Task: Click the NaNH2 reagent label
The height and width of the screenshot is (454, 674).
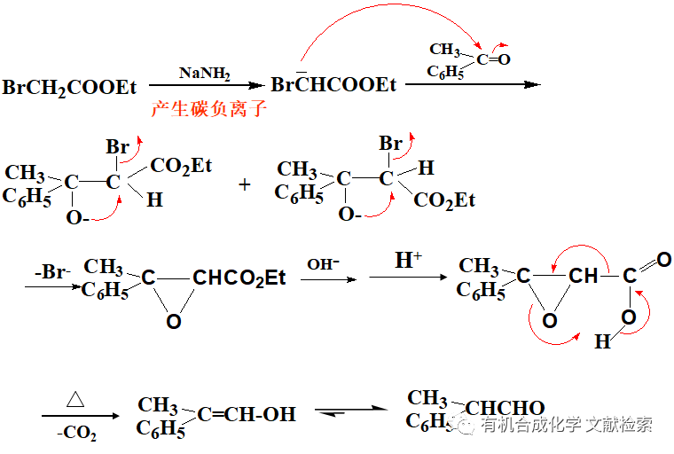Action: pyautogui.click(x=204, y=73)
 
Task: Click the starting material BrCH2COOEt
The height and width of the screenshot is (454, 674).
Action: pyautogui.click(x=70, y=87)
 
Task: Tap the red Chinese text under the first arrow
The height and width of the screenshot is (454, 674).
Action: pyautogui.click(x=208, y=111)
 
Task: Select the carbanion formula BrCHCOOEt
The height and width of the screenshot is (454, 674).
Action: pyautogui.click(x=333, y=86)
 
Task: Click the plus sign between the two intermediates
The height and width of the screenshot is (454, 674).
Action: pyautogui.click(x=246, y=184)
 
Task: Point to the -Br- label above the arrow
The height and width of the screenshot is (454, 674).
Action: pyautogui.click(x=52, y=272)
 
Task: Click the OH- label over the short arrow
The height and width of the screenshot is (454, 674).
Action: pyautogui.click(x=323, y=264)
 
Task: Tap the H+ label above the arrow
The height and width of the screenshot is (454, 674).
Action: pyautogui.click(x=409, y=261)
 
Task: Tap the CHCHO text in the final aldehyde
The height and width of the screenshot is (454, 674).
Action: pyautogui.click(x=505, y=409)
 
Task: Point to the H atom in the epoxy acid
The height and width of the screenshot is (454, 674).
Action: pyautogui.click(x=602, y=341)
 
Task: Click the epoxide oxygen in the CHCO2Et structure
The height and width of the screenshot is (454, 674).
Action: pyautogui.click(x=174, y=321)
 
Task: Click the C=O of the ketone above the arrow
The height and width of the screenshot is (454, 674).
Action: pyautogui.click(x=494, y=59)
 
